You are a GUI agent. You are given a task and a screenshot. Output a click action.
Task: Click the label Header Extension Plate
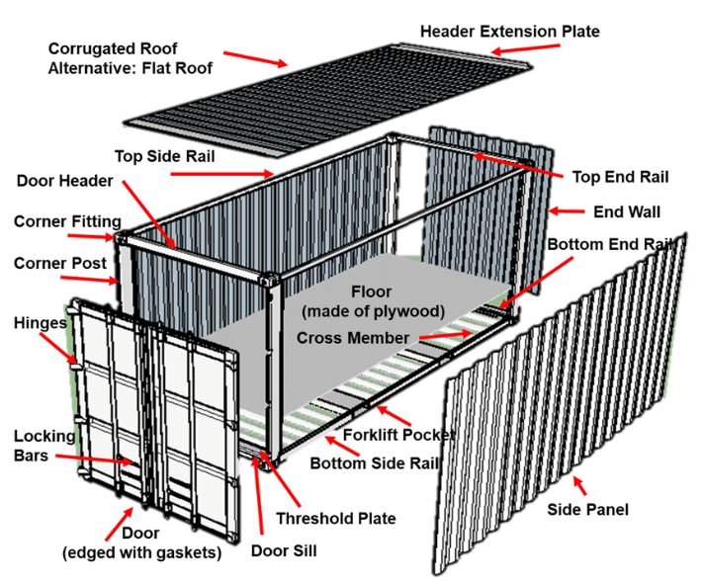click(x=509, y=31)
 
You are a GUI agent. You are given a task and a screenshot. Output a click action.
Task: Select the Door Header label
click(x=65, y=181)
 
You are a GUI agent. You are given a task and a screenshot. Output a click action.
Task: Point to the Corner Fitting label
click(x=67, y=221)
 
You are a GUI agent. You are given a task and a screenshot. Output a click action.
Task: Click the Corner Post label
click(x=58, y=264)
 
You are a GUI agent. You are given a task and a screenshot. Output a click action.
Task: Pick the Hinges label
click(x=41, y=323)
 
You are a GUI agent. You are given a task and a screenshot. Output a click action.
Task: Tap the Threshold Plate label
click(x=335, y=518)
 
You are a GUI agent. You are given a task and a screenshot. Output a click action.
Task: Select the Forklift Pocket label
click(x=399, y=435)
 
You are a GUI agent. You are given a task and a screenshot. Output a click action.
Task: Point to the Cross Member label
click(x=352, y=338)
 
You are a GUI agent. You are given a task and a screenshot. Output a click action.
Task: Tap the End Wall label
click(x=626, y=211)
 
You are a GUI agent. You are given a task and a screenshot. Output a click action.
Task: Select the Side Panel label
click(x=588, y=510)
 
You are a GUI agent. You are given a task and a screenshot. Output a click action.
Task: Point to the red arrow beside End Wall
click(x=569, y=209)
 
